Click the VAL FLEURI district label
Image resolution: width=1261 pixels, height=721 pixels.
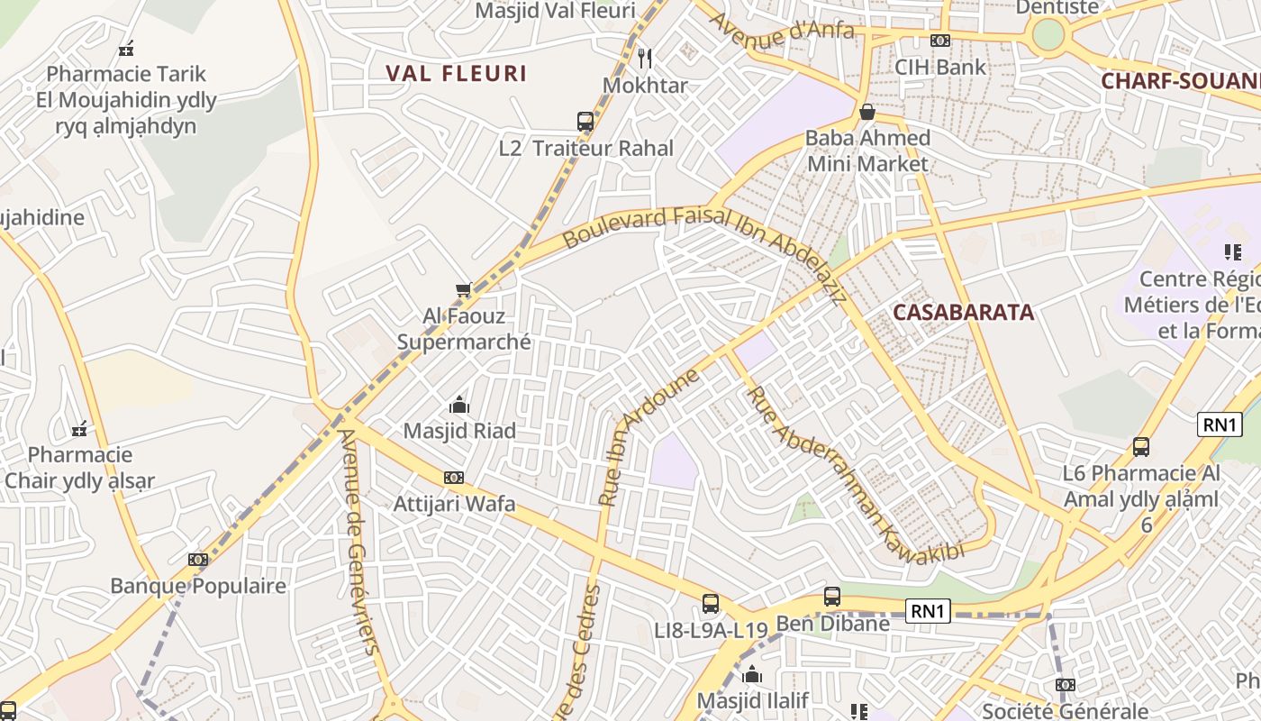pos(456,74)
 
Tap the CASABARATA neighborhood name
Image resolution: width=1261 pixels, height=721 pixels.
pos(963,313)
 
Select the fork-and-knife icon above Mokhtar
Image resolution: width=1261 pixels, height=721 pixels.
pos(644,59)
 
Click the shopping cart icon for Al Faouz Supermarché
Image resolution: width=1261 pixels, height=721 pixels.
pos(464,289)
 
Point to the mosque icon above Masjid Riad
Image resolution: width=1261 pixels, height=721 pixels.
pos(459,405)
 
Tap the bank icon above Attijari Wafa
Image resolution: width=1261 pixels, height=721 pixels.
pos(454,478)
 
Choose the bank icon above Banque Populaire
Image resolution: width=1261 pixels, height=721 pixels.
pos(198,560)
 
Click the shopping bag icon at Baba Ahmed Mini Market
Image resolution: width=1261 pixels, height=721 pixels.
pos(866,112)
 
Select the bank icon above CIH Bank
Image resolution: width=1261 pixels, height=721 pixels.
pos(940,41)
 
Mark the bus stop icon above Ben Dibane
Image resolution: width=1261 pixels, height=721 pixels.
pos(832,597)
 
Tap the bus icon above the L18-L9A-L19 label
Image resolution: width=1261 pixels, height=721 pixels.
pos(711,603)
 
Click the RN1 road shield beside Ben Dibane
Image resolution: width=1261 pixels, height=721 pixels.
pos(929,612)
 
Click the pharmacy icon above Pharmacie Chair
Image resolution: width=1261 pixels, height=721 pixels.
pos(79,428)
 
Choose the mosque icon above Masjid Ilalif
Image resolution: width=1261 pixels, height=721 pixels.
pos(752,674)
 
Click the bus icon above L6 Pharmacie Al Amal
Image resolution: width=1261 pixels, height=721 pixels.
pos(1141,447)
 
